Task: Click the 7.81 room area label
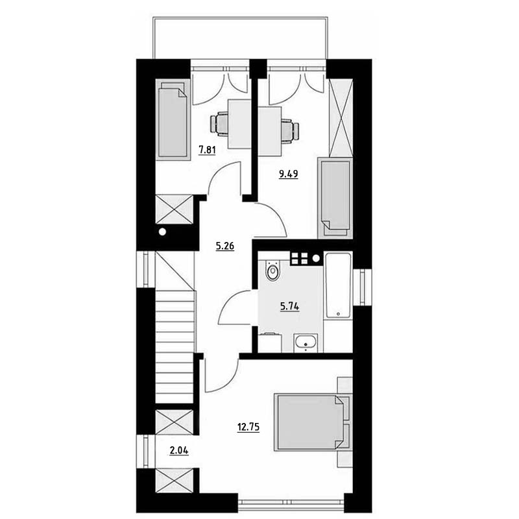(x=207, y=151)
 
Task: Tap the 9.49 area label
(x=289, y=174)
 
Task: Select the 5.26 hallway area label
(x=225, y=247)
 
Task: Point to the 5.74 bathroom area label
(x=289, y=307)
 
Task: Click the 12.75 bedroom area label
(x=248, y=428)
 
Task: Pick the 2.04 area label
(x=179, y=450)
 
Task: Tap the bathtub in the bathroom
(x=337, y=286)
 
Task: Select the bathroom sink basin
(x=306, y=343)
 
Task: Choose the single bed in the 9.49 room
(x=335, y=198)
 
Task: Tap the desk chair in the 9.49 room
(x=290, y=131)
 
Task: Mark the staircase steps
(x=175, y=346)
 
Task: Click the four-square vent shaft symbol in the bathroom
(x=299, y=258)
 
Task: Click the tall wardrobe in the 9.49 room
(x=341, y=117)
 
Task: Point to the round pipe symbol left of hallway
(x=162, y=232)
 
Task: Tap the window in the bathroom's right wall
(x=362, y=287)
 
